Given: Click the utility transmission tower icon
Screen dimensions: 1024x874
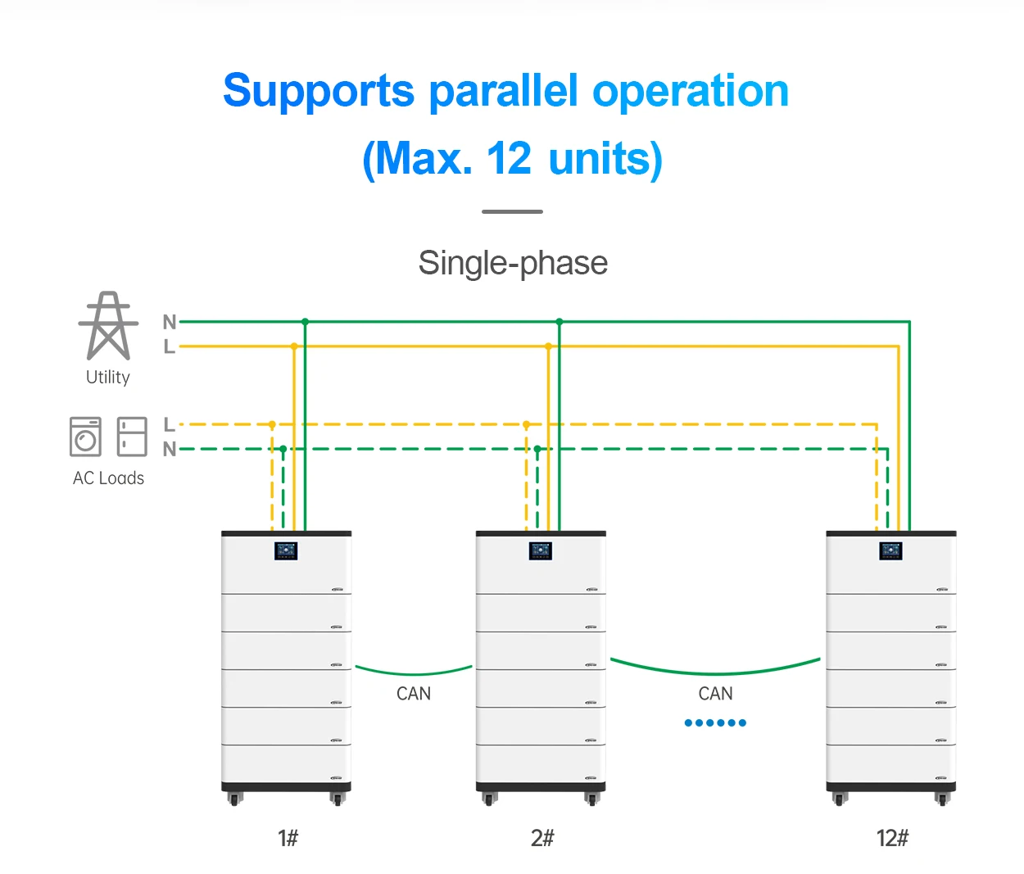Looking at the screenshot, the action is pyautogui.click(x=108, y=326).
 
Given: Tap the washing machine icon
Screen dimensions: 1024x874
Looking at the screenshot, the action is pyautogui.click(x=85, y=437).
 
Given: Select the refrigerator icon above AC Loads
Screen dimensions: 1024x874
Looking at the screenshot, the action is pyautogui.click(x=132, y=437).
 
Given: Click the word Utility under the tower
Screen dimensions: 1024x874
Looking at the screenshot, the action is pyautogui.click(x=108, y=378).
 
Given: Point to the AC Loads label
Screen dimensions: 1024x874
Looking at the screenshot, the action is pyautogui.click(x=108, y=478).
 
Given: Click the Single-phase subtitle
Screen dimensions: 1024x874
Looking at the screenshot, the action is pyautogui.click(x=513, y=264).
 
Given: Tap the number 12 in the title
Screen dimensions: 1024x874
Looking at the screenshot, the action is pyautogui.click(x=509, y=158).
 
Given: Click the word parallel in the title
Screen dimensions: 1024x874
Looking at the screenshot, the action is pyautogui.click(x=503, y=91).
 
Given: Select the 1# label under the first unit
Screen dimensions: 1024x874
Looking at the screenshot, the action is pyautogui.click(x=288, y=838).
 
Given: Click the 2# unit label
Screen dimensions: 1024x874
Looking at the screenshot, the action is pyautogui.click(x=542, y=838).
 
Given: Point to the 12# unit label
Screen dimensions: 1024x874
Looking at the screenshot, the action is pyautogui.click(x=892, y=838).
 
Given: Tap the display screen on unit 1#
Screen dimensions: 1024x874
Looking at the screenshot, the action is pyautogui.click(x=286, y=550).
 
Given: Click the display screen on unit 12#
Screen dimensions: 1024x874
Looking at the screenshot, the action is pyautogui.click(x=890, y=550).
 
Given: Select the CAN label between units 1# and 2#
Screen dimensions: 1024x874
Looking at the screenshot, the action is pyautogui.click(x=414, y=694).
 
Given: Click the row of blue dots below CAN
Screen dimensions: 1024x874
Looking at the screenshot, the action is pyautogui.click(x=715, y=722).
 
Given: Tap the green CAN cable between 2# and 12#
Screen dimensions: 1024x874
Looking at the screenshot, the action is pyautogui.click(x=715, y=672).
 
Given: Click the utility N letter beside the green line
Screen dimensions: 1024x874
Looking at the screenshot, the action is pyautogui.click(x=170, y=322).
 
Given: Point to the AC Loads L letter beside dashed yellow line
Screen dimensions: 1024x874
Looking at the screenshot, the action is pyautogui.click(x=169, y=424).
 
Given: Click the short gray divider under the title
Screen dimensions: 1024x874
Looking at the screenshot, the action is pyautogui.click(x=512, y=211).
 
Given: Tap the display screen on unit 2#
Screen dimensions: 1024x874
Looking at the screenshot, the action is pyautogui.click(x=541, y=550).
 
